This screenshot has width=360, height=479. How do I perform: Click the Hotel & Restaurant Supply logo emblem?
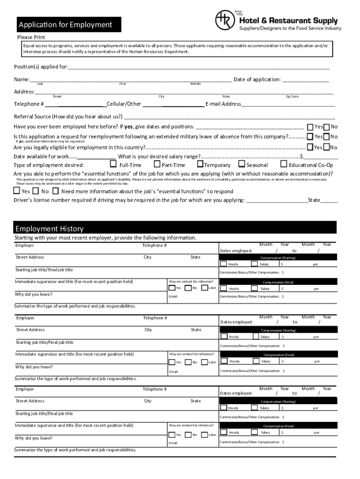pyautogui.click(x=225, y=20)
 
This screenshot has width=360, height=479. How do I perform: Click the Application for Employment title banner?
pyautogui.click(x=69, y=25)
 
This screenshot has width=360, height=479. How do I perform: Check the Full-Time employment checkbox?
pyautogui.click(x=113, y=164)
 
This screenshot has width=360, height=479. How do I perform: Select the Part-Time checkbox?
pyautogui.click(x=157, y=164)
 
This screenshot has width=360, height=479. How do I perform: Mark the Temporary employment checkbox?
pyautogui.click(x=200, y=164)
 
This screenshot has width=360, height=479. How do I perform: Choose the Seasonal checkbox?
pyautogui.click(x=242, y=164)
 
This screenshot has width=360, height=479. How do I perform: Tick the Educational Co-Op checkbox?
pyautogui.click(x=284, y=164)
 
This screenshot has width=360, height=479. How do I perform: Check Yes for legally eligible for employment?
pyautogui.click(x=310, y=147)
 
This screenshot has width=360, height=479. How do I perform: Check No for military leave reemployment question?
pyautogui.click(x=326, y=137)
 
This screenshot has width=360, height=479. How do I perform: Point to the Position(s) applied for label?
pyautogui.click(x=41, y=67)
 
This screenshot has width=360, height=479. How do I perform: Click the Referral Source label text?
pyautogui.click(x=68, y=116)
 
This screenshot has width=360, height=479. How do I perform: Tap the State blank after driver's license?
pyautogui.click(x=329, y=201)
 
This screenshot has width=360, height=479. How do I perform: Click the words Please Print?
pyautogui.click(x=31, y=37)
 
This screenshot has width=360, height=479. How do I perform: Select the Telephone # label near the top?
pyautogui.click(x=29, y=104)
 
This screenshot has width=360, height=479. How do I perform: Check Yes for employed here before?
pyautogui.click(x=310, y=127)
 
